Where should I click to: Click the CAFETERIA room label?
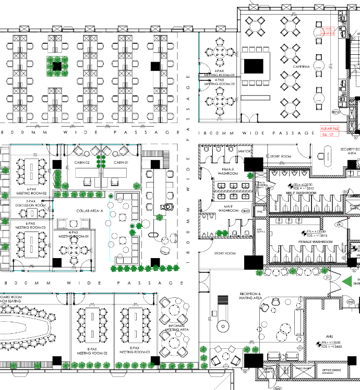pyautogui.click(x=302, y=67)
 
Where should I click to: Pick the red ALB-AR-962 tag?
pyautogui.click(x=330, y=128)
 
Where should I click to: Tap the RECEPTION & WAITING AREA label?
pyautogui.click(x=250, y=296)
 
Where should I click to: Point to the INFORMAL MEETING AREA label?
pyautogui.click(x=176, y=327)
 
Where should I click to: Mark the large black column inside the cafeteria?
pyautogui.click(x=254, y=66)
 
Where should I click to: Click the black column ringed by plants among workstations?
pyautogui.click(x=56, y=66)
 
